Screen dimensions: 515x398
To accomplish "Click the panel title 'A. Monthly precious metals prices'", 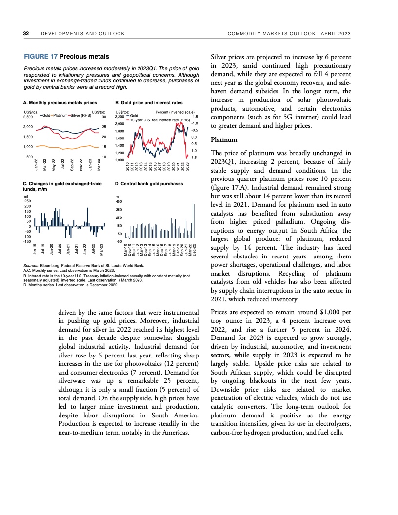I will [60, 103].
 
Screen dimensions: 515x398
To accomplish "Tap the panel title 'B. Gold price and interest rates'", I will [148, 103].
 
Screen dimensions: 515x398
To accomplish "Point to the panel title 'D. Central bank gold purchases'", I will [149, 184].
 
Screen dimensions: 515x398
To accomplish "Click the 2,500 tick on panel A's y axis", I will [28, 117].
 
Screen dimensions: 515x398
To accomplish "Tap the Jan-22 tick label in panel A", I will [36, 163].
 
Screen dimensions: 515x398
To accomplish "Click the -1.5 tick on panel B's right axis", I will [194, 117].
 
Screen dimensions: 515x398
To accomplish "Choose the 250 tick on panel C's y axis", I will [27, 201].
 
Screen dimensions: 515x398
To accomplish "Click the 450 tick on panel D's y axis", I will [119, 201].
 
